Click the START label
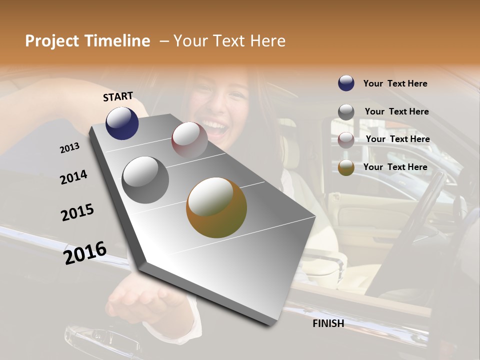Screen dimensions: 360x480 coord(118,96)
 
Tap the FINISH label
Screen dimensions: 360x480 coord(328,323)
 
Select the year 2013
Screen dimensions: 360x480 coord(69,148)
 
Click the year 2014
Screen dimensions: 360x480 coord(73,177)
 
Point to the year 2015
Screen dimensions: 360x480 coord(77,212)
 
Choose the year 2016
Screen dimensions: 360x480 coord(85,253)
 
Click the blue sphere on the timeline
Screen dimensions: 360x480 coord(122,123)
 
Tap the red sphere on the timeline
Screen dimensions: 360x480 coord(189,139)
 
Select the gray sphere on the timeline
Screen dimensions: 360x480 coord(145,179)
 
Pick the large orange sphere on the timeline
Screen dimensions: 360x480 coord(216,207)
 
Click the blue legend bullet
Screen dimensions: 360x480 coord(346,83)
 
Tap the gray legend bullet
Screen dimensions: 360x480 coord(346,112)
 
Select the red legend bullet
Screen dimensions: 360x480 coord(346,140)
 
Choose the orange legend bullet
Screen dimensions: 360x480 coord(346,167)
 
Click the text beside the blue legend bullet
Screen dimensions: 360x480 coord(395,83)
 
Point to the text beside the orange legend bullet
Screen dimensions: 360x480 coord(395,167)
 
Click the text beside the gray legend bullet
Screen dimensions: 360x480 coord(396,111)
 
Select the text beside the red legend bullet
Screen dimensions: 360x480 coord(397,139)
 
